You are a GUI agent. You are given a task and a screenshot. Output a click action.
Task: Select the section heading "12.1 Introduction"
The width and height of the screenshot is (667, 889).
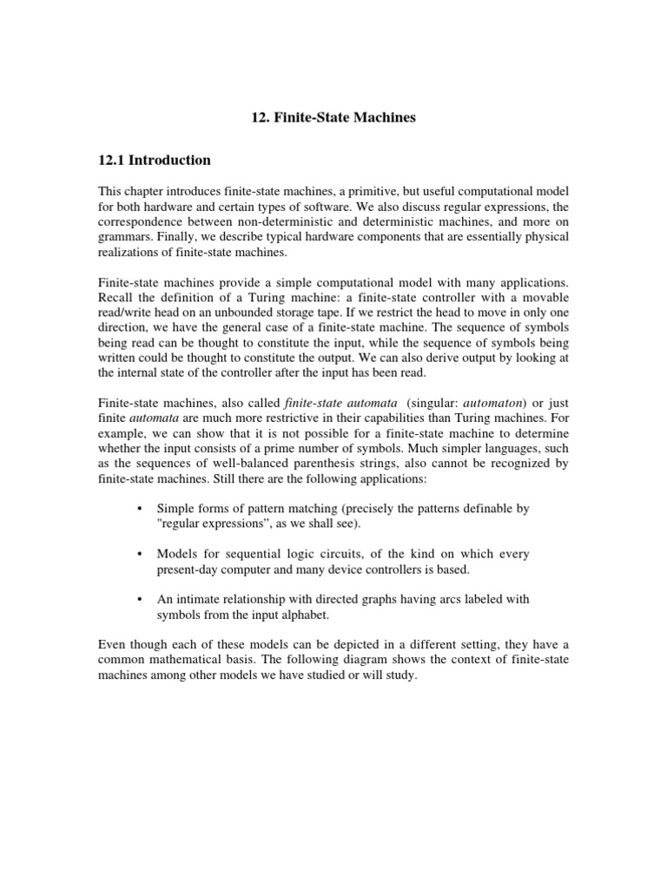(x=154, y=160)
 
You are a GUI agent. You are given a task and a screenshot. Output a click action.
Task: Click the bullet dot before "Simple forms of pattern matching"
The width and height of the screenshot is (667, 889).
(x=140, y=509)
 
